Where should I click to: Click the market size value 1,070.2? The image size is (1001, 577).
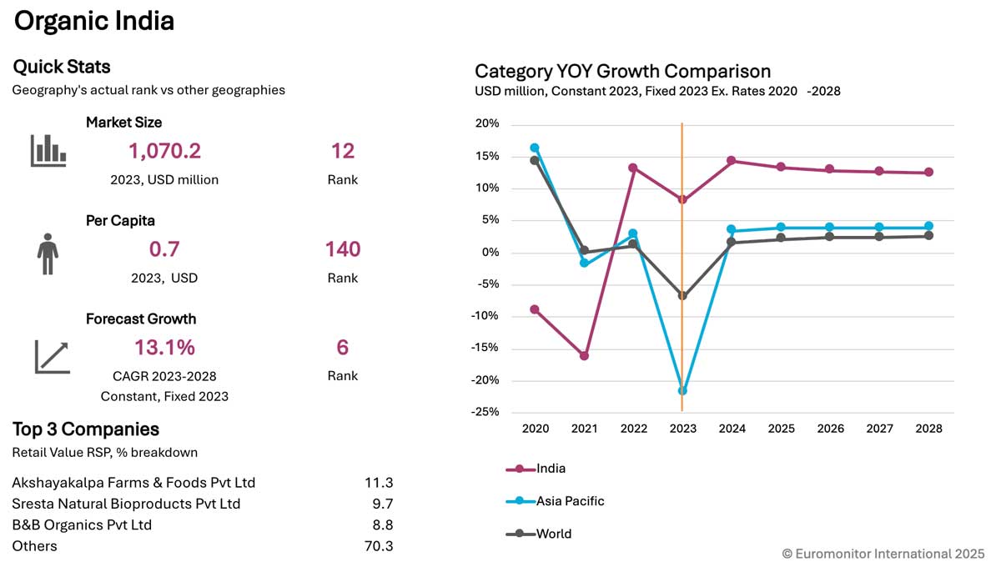(x=164, y=151)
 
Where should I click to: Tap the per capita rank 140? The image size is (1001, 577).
(x=343, y=249)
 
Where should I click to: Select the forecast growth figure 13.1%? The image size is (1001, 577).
(x=164, y=347)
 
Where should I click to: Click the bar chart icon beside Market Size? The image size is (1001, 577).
(x=48, y=151)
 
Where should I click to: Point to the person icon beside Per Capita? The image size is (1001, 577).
(x=48, y=254)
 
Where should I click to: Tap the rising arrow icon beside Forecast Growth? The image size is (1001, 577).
(x=52, y=357)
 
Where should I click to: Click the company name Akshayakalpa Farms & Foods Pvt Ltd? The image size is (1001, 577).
(x=133, y=483)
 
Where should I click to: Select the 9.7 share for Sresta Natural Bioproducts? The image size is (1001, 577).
(x=385, y=504)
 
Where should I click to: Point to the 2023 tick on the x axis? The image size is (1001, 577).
(x=682, y=429)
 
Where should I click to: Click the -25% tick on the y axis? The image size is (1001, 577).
(x=486, y=412)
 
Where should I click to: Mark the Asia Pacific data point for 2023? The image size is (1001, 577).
(x=682, y=390)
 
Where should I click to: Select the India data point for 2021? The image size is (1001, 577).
(x=584, y=356)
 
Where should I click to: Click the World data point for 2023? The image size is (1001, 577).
(x=682, y=296)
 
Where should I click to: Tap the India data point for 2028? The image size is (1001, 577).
(x=928, y=173)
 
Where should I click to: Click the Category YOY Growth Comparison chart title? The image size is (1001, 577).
(x=622, y=71)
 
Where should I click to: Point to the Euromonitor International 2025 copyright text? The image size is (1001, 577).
(x=883, y=554)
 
